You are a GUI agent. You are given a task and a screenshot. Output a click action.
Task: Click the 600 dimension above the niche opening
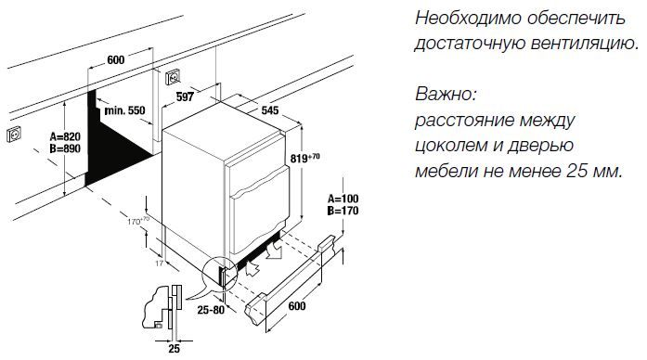(x=116, y=60)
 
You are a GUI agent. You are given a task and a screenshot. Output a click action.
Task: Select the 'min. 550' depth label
(x=126, y=110)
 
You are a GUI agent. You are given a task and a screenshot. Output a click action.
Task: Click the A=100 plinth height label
(x=345, y=199)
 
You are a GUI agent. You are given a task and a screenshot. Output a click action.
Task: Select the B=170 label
(x=345, y=212)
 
